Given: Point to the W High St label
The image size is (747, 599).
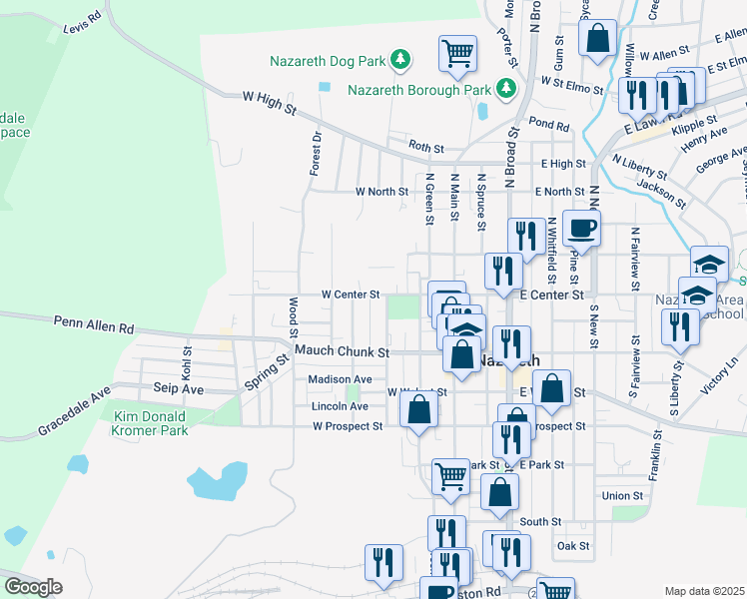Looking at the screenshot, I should (x=270, y=101).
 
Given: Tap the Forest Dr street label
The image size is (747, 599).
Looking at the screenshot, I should (x=316, y=153).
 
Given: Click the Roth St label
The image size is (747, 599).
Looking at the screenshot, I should (x=425, y=148).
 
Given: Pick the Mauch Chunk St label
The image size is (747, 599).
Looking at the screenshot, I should (x=342, y=352).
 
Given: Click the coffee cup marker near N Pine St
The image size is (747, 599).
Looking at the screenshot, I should (x=581, y=229).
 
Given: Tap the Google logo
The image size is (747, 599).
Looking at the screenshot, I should (x=33, y=587).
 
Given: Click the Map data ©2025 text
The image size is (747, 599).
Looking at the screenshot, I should (x=703, y=591).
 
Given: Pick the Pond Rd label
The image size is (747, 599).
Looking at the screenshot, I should (x=549, y=126).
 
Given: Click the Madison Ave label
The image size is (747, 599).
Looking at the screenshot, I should (x=340, y=379).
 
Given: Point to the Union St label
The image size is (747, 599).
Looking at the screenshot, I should (x=622, y=495).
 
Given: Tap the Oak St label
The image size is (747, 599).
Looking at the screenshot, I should (x=573, y=546).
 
